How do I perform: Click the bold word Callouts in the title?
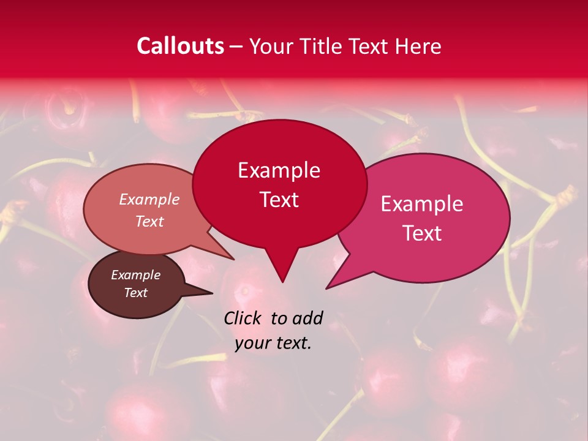(180, 46)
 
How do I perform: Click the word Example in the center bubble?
(279, 170)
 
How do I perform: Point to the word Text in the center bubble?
(279, 200)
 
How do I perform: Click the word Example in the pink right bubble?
(422, 204)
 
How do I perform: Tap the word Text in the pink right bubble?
(422, 233)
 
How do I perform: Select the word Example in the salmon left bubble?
(149, 200)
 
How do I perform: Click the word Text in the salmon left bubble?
(149, 221)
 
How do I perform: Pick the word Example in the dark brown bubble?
(135, 275)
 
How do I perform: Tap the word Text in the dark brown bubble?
(135, 293)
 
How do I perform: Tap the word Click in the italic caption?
(244, 318)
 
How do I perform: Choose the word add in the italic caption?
(307, 318)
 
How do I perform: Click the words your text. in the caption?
(273, 343)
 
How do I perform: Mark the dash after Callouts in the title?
(237, 46)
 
